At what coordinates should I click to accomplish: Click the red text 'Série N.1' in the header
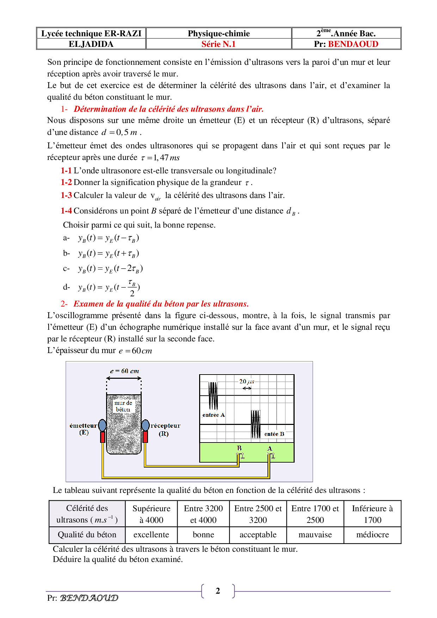(x=218, y=44)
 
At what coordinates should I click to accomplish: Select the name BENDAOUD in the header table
(x=353, y=44)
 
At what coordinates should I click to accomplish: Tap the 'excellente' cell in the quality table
(x=151, y=534)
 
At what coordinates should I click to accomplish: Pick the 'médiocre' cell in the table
(x=373, y=534)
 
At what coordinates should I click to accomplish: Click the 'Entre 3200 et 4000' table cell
(x=203, y=514)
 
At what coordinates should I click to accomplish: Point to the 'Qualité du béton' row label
(x=87, y=534)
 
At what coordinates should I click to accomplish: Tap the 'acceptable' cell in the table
(x=258, y=534)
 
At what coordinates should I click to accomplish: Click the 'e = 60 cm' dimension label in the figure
(x=124, y=371)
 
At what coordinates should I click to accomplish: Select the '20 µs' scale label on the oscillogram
(x=247, y=381)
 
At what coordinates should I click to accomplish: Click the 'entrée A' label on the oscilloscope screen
(x=213, y=415)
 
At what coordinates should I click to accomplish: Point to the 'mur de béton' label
(x=123, y=406)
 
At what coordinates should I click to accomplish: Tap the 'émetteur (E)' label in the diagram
(x=84, y=429)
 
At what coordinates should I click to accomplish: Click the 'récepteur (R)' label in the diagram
(x=165, y=429)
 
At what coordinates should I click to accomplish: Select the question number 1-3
(x=66, y=195)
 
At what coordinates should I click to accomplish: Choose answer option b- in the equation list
(x=67, y=253)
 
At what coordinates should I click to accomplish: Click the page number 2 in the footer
(x=218, y=591)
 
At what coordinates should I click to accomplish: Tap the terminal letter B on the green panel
(x=239, y=448)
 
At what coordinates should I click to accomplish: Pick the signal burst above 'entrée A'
(x=213, y=395)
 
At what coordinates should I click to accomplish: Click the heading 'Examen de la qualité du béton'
(x=161, y=304)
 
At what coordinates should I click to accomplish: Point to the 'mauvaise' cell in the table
(x=315, y=534)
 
